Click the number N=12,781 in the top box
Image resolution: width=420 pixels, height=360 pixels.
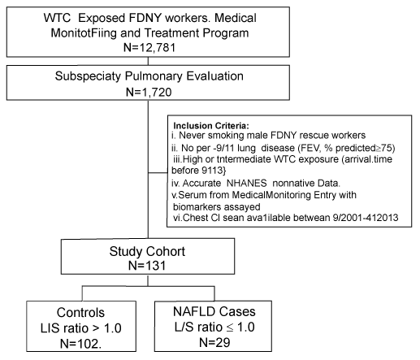click(149, 47)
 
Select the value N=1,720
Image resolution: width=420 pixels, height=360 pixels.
click(149, 92)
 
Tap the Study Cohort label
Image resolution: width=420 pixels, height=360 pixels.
click(147, 251)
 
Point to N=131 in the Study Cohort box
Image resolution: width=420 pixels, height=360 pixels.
click(147, 265)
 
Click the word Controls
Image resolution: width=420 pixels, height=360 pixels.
click(80, 312)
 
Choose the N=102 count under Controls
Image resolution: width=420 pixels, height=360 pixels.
click(80, 344)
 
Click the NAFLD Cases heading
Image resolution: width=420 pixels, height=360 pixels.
click(214, 311)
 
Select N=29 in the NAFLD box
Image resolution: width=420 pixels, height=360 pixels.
click(214, 342)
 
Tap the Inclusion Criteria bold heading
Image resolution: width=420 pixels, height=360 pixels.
click(211, 126)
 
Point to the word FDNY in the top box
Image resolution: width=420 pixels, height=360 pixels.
click(145, 18)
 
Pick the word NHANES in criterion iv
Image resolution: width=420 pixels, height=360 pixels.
click(246, 183)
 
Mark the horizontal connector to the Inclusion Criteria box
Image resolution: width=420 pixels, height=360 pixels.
click(158, 172)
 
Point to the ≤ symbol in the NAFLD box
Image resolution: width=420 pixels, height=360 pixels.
click(230, 327)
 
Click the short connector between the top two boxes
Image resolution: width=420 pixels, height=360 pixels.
click(148, 61)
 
